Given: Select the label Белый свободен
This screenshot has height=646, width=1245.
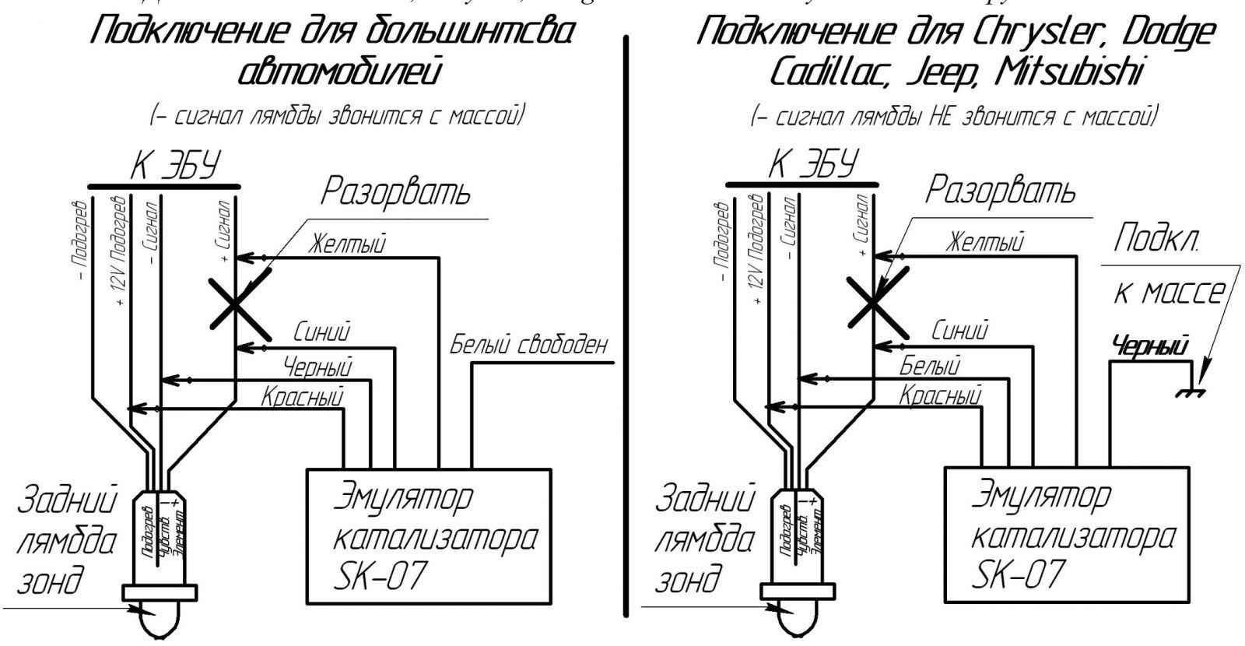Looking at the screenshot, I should coord(528,345).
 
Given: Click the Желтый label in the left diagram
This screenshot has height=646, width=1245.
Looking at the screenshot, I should coord(347,243).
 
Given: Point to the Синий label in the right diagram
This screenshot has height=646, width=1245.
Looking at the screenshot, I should coord(959,330).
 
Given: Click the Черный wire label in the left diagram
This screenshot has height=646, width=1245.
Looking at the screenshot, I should coord(317,365).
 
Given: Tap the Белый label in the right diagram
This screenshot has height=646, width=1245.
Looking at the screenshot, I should coord(930,364).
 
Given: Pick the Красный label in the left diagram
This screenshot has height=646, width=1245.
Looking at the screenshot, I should coord(302,398).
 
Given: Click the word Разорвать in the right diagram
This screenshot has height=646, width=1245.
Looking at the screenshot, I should coord(1001,188).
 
